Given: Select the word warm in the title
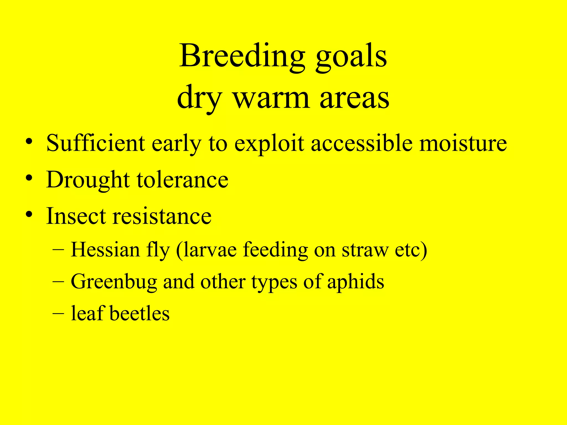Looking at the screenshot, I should coord(271,98).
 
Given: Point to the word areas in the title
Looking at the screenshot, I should coord(355,98).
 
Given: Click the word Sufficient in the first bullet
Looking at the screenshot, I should coord(96,143).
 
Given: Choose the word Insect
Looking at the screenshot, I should coord(76,216).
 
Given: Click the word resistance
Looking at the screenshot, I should coord(162,216).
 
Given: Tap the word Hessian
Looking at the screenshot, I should coord(105,250).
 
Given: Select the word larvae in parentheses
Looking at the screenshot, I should coord(210,250).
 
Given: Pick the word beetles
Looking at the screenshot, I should coord(140,313).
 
